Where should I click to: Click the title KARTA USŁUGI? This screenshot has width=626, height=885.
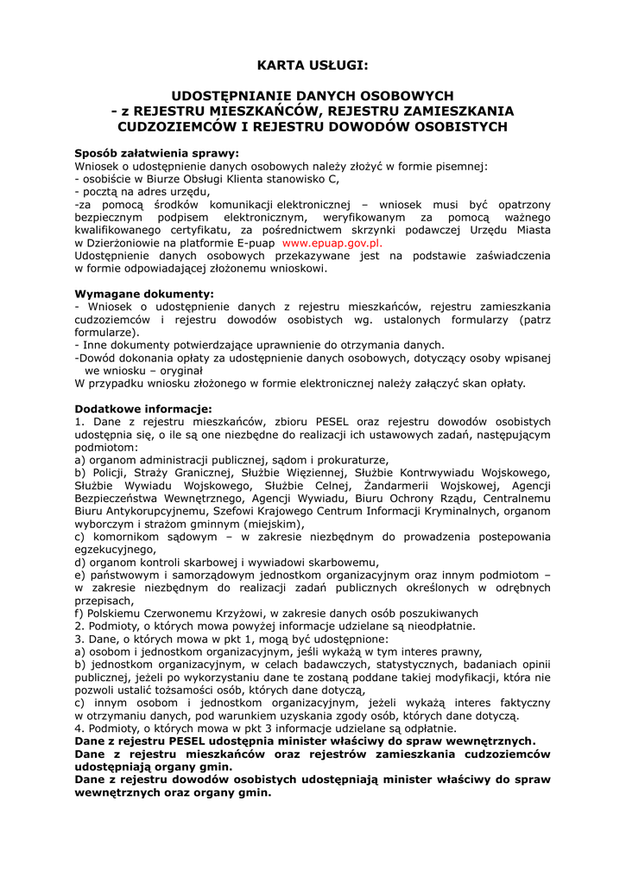(313, 65)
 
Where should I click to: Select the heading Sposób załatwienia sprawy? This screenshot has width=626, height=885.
(156, 154)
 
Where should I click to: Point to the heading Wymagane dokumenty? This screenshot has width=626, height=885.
(143, 294)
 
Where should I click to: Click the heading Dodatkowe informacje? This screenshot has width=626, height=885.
(142, 409)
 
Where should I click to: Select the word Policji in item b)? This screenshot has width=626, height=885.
(108, 473)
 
